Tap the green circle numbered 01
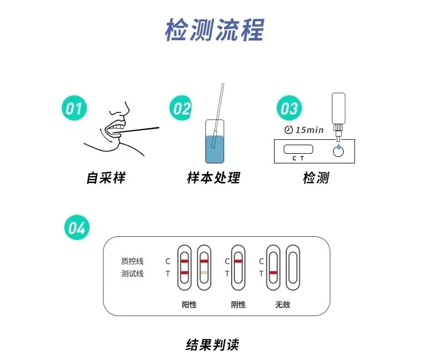tap(74, 109)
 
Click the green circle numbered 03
tap(289, 109)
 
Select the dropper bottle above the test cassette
tap(338, 112)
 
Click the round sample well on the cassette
tap(338, 151)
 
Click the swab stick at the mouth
tap(142, 129)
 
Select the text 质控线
tap(132, 261)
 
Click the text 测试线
tap(132, 274)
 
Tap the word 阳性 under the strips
tap(189, 304)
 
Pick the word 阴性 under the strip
tap(238, 304)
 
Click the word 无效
tap(283, 304)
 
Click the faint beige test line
tap(204, 273)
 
